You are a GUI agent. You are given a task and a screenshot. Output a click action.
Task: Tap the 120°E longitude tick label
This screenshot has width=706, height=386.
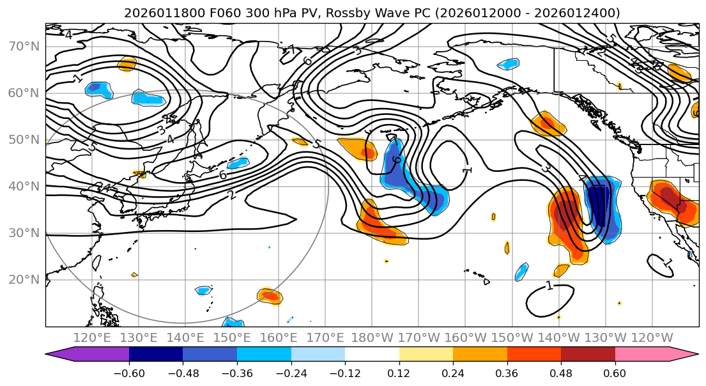92,337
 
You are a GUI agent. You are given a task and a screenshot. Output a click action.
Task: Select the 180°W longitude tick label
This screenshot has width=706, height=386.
372,337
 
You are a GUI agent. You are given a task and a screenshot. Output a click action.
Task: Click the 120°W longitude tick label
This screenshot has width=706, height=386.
652,337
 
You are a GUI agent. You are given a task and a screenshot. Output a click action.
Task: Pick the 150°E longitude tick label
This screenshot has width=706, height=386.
232,337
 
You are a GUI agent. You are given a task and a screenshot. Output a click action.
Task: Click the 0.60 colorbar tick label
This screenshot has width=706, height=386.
615,372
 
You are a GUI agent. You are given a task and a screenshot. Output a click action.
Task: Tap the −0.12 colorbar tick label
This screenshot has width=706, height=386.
345,372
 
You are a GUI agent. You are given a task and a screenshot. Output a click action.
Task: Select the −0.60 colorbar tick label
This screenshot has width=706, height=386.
129,372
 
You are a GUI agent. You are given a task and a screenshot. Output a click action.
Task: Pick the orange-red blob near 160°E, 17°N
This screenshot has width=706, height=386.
269,295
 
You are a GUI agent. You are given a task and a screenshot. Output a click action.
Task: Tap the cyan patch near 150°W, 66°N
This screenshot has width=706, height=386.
509,64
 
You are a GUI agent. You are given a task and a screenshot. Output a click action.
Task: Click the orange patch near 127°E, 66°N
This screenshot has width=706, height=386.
127,63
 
